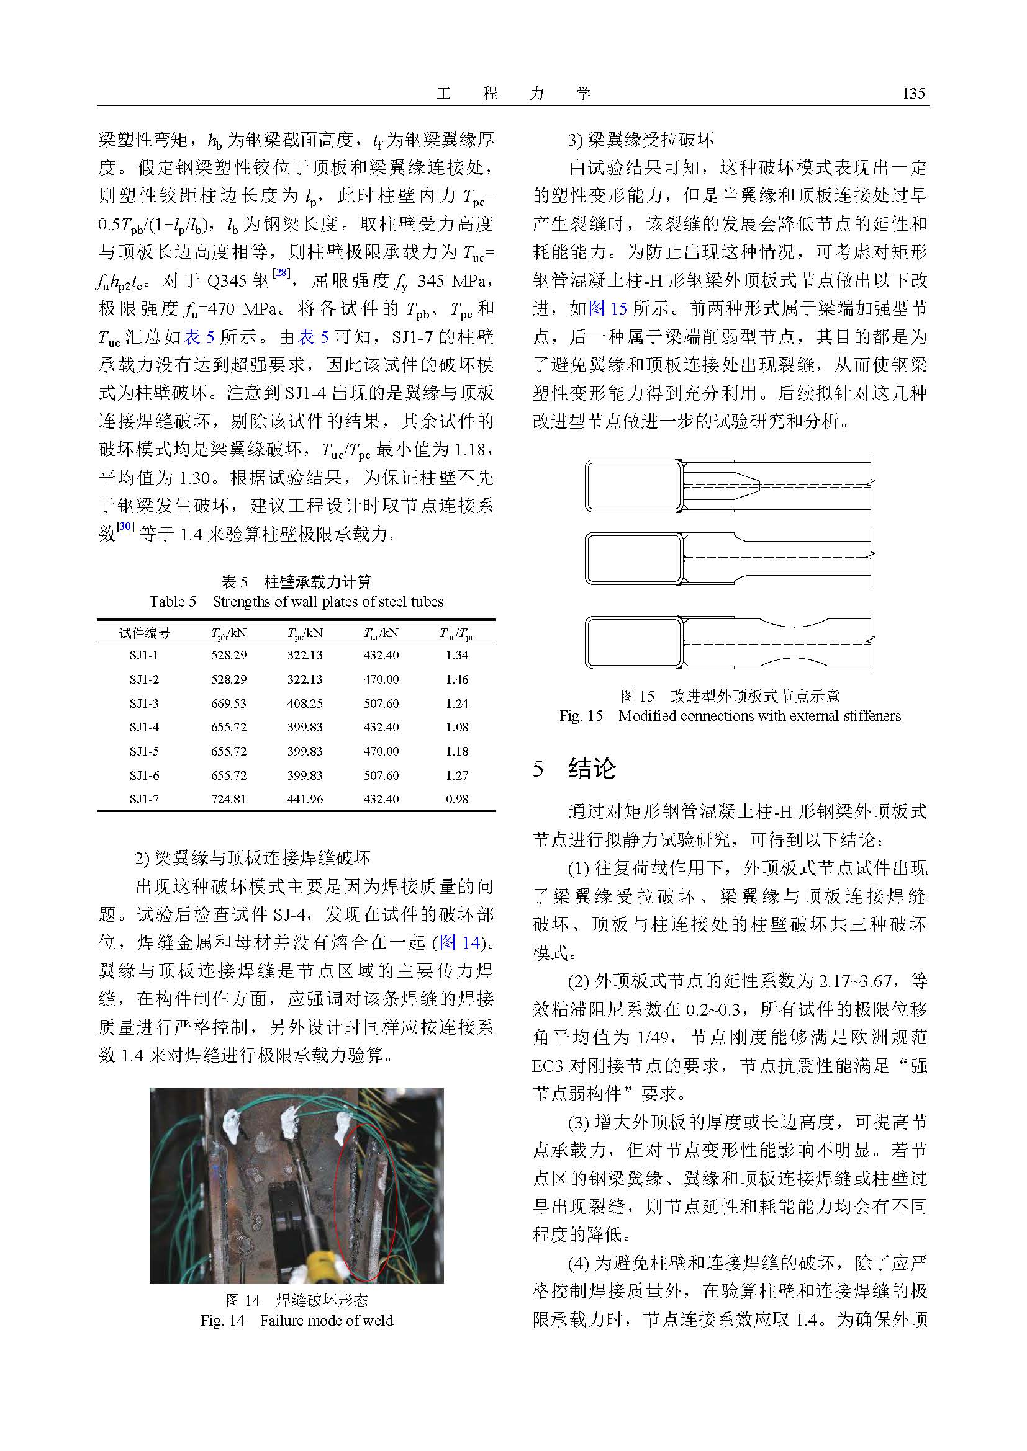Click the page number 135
(913, 94)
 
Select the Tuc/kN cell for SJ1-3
(381, 703)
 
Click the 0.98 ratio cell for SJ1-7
(456, 799)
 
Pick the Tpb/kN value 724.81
(228, 799)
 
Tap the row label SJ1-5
(144, 751)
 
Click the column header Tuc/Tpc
(456, 633)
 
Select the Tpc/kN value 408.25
(305, 703)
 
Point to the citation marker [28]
(280, 273)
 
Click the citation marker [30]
(125, 527)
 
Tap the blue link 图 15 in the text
(608, 308)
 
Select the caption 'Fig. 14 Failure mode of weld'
(297, 1320)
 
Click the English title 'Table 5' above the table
(173, 601)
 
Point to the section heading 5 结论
(574, 769)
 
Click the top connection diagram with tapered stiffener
(727, 485)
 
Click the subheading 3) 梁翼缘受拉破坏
(641, 140)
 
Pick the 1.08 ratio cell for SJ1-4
(456, 728)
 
